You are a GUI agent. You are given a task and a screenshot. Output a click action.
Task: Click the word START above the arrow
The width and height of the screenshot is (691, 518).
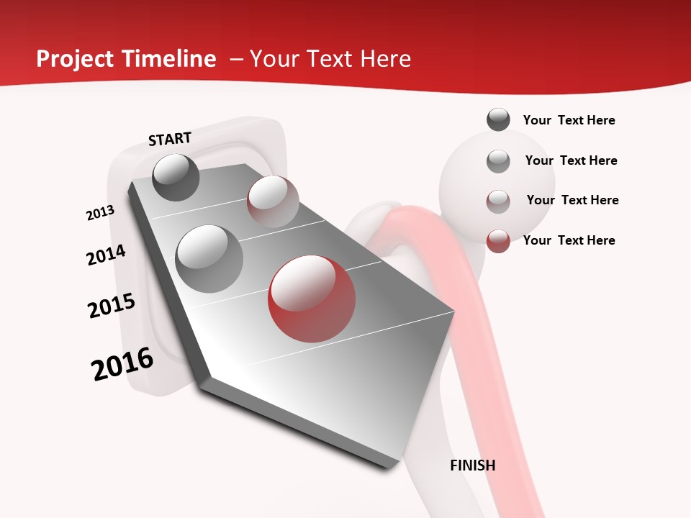[x=170, y=138]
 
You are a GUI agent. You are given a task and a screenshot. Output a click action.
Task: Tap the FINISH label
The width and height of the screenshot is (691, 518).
[x=473, y=465]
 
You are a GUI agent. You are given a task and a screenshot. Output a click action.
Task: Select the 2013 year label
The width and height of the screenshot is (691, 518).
[x=101, y=213]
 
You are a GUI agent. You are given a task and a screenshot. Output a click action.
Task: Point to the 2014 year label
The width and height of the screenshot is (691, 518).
[x=107, y=255]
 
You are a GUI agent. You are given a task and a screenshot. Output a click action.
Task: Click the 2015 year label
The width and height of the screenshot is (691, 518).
[x=112, y=306]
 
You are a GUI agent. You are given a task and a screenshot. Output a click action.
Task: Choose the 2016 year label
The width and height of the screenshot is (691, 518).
[x=122, y=364]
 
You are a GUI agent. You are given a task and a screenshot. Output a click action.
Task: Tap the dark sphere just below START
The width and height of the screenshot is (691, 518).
[x=176, y=177]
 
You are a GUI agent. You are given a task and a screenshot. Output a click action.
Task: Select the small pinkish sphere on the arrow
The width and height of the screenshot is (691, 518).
[x=273, y=201]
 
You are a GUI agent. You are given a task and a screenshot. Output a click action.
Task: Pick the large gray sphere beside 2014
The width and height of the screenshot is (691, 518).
[x=209, y=258]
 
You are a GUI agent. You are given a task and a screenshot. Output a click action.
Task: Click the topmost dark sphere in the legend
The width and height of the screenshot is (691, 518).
[x=498, y=119]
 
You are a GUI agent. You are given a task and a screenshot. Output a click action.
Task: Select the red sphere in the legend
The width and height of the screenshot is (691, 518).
[x=498, y=241]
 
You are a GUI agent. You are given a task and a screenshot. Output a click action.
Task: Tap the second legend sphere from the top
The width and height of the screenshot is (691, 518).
[x=498, y=161]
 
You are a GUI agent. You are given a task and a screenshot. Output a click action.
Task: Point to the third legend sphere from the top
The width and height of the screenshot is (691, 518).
[x=498, y=201]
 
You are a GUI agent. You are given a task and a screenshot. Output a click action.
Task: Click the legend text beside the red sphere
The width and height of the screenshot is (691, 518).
[x=569, y=240]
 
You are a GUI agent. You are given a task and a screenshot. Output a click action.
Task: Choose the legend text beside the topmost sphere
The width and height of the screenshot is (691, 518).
[x=569, y=120]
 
